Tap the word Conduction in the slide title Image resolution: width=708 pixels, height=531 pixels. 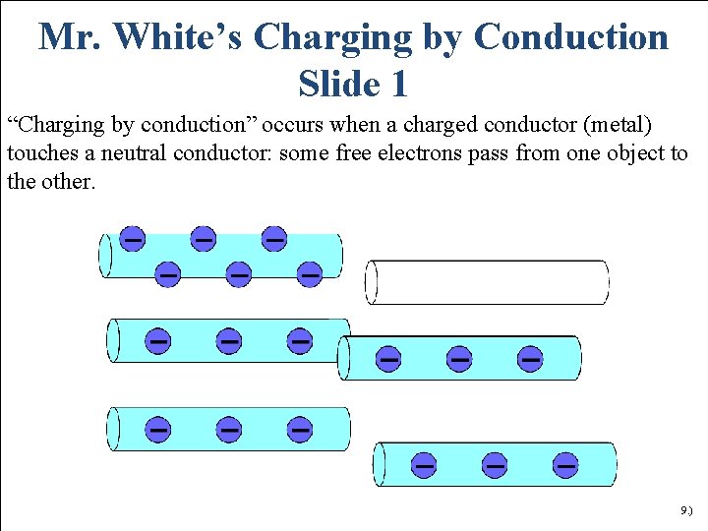pos(570,37)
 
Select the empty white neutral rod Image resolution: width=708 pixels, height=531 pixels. pos(488,282)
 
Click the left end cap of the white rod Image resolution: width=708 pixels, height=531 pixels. pos(372,282)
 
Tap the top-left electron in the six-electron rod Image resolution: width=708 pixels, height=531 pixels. pos(132,238)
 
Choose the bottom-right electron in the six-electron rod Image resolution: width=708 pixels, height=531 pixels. pos(309,273)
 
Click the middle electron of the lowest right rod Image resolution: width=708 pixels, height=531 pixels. pos(495,463)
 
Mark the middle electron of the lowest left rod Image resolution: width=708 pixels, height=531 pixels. pos(229,429)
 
